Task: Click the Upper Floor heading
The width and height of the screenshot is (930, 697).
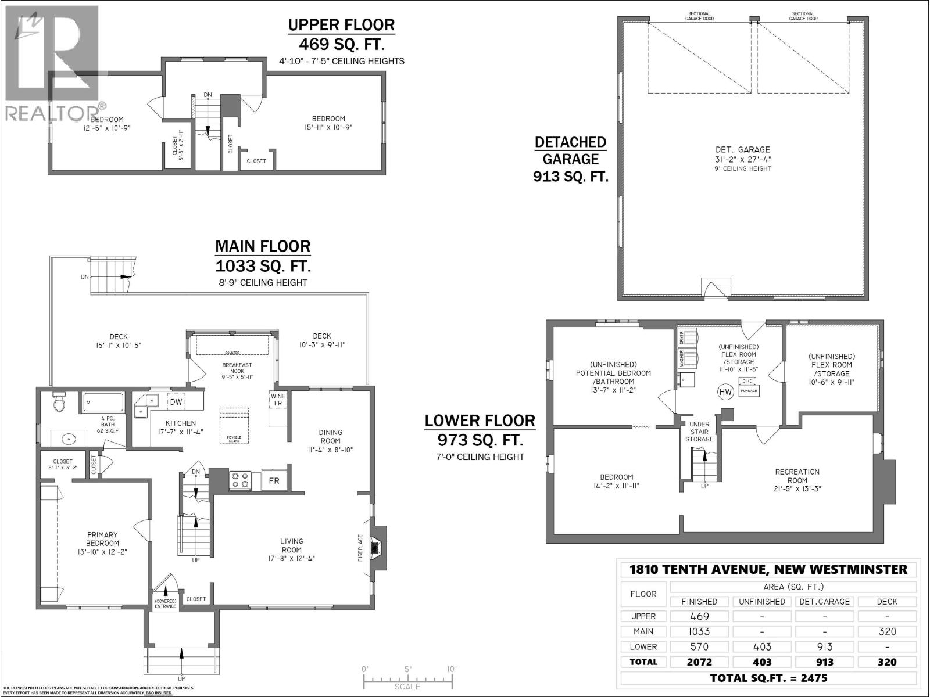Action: click(341, 25)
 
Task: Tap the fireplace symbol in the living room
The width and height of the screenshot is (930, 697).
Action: click(377, 547)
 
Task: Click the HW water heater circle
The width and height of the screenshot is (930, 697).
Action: click(725, 392)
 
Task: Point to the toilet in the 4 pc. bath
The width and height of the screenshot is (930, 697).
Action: click(59, 402)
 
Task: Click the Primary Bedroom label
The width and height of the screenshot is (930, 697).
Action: click(102, 539)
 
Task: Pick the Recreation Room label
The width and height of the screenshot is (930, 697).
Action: click(797, 476)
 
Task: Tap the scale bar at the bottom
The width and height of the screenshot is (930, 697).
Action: click(407, 677)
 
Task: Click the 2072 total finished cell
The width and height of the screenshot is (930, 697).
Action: click(699, 662)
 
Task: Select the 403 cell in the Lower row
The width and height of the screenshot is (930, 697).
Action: click(761, 646)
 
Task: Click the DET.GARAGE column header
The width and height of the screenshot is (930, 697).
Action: click(824, 602)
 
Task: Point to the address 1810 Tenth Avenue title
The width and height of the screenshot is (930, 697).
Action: click(768, 569)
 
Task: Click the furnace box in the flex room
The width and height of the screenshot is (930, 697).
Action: click(748, 385)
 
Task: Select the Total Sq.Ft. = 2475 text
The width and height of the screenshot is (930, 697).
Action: click(768, 678)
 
